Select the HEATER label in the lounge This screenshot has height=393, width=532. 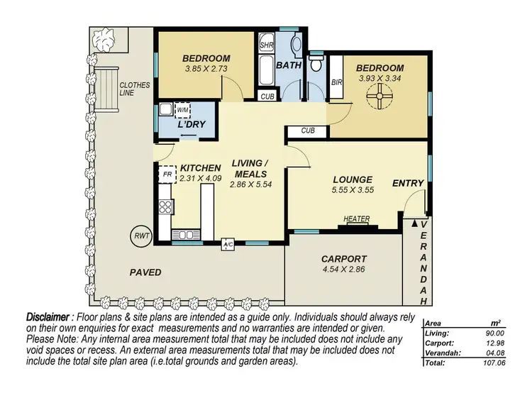[356, 219]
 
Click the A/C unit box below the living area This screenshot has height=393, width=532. [228, 244]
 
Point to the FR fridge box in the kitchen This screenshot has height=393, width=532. [167, 174]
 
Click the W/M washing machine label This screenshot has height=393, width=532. [182, 110]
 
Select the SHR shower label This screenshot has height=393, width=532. [267, 44]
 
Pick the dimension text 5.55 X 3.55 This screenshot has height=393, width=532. [353, 190]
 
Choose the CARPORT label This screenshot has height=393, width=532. [343, 259]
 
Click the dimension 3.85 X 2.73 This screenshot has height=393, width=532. [205, 70]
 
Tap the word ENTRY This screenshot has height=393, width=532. [408, 183]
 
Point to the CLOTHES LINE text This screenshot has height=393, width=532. [135, 89]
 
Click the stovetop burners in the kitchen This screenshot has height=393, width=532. [165, 207]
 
